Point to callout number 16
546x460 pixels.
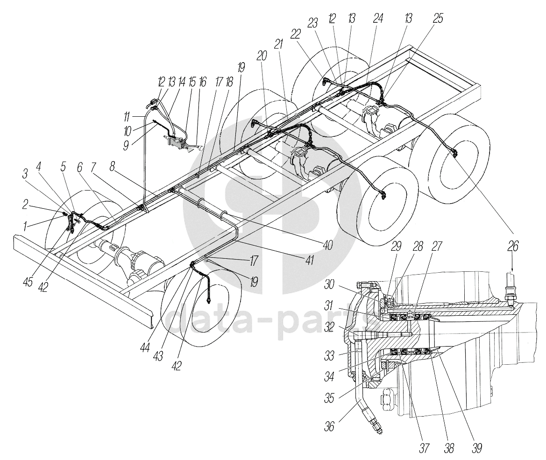[x=202, y=82]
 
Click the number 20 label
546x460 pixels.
[x=262, y=56]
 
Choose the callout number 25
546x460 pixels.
[x=438, y=18]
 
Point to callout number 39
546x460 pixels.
[x=476, y=448]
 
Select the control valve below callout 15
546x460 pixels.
[x=177, y=142]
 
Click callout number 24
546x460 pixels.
[x=377, y=18]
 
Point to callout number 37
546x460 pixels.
[x=424, y=448]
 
